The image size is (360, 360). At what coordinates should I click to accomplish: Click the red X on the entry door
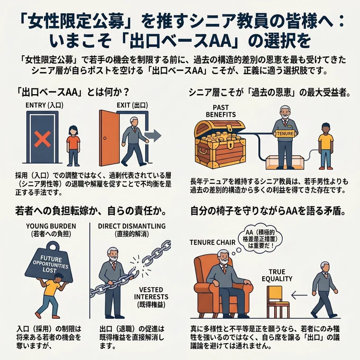(x=42, y=139)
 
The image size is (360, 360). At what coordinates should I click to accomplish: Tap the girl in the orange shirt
(x=73, y=146)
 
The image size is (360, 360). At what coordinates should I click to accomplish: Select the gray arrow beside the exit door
(x=154, y=136)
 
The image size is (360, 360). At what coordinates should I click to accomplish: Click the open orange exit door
(x=109, y=138)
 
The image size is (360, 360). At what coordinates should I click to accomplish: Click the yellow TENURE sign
(x=285, y=133)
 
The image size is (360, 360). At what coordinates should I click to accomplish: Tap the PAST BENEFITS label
(x=221, y=111)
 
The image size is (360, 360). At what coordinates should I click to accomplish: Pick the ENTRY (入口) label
(x=44, y=105)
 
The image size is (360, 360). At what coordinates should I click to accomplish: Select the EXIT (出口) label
(x=132, y=105)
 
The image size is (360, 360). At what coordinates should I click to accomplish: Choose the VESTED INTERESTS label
(x=151, y=297)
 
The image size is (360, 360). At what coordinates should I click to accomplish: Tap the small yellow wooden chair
(x=278, y=301)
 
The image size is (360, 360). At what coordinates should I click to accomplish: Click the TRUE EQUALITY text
(x=277, y=275)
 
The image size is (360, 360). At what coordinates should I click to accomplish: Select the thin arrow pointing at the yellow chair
(x=300, y=295)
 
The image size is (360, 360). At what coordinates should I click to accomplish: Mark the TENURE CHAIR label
(x=213, y=242)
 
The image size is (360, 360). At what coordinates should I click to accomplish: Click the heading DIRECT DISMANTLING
(x=132, y=226)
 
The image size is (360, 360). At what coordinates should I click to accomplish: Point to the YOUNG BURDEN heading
(x=51, y=226)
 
